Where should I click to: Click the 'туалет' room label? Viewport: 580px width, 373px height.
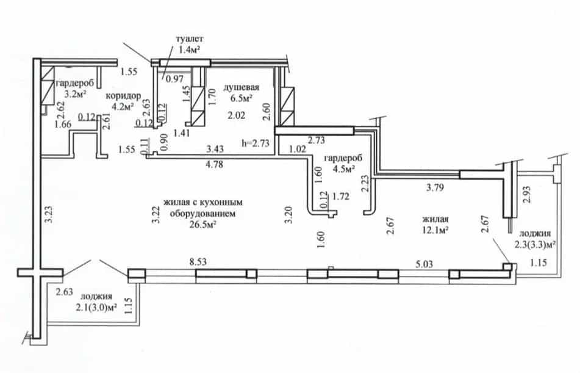pos(189,39)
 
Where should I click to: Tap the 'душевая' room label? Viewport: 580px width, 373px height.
pos(241,87)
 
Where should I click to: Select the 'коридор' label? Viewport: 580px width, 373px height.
pos(124,96)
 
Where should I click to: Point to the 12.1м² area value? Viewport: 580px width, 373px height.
pos(435,230)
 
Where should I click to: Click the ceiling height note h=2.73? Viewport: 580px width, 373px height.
pos(256,143)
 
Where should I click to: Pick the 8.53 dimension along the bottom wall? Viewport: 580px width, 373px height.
pos(198,263)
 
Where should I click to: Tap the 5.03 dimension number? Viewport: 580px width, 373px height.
pos(424,264)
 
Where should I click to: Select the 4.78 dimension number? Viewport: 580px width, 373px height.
pos(214,164)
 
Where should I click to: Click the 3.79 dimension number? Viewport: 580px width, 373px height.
pos(435,187)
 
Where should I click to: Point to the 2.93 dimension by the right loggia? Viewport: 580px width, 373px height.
pos(527,194)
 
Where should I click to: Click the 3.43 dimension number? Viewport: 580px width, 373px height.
pos(215,149)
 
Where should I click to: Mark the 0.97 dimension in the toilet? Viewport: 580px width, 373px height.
pos(174,79)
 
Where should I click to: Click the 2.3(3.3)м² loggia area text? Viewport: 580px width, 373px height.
pos(535,244)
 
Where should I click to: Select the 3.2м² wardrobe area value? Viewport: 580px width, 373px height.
pos(75,94)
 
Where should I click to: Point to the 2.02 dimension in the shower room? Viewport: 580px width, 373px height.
pos(237,115)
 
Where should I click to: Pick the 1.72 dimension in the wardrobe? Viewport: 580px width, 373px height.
pos(341,197)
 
